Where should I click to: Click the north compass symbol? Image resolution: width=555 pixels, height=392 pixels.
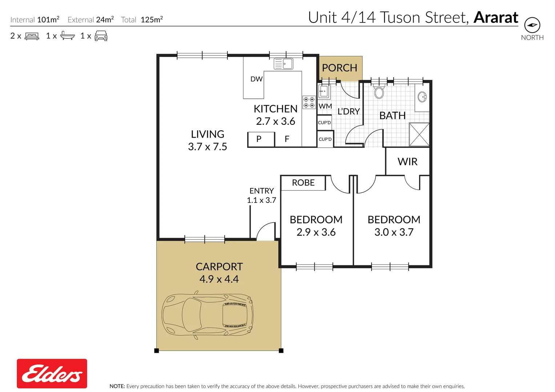point(532,25)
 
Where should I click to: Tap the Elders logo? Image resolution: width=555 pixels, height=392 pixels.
point(52,373)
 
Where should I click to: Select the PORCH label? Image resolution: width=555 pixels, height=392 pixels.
point(339,68)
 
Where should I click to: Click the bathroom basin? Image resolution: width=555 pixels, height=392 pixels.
point(422,97)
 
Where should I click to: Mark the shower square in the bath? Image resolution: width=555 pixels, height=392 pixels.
point(419,134)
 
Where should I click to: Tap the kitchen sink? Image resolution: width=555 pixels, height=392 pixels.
point(283,64)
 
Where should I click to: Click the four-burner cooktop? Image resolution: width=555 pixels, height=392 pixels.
point(309,102)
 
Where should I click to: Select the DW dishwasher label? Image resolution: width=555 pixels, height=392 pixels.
point(256,79)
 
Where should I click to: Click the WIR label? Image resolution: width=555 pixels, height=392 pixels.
point(407,162)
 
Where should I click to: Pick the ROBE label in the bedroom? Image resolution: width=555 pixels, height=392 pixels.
point(303,183)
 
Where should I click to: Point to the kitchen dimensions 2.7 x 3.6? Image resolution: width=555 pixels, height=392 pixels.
point(276,121)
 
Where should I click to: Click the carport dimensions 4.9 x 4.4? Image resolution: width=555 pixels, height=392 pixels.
point(219,279)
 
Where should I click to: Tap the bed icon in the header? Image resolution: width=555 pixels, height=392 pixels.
point(32,36)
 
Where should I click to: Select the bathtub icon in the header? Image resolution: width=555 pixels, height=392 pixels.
point(67,36)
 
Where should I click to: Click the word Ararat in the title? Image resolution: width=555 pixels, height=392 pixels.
point(496,17)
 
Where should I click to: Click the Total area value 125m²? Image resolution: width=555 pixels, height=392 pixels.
point(152,20)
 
